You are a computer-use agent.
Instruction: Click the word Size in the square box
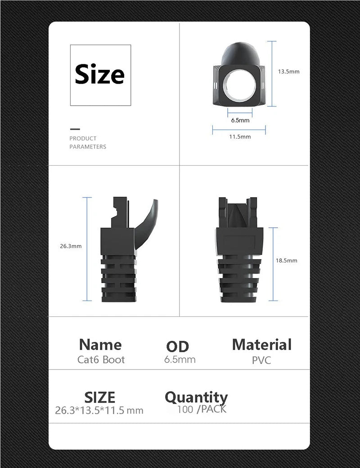click(99, 74)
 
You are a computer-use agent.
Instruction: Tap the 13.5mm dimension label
click(288, 72)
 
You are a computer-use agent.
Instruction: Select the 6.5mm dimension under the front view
click(240, 120)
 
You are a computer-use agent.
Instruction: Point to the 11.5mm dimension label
click(240, 137)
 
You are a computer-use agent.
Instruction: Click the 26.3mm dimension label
click(71, 246)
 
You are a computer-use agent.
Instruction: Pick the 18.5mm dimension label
click(286, 261)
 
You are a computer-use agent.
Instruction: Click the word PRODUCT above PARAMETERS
click(83, 139)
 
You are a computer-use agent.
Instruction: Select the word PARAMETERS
click(88, 147)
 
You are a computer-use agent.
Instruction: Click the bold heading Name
click(100, 345)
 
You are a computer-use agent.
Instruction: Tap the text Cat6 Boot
click(101, 360)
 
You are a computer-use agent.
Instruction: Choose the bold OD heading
click(177, 346)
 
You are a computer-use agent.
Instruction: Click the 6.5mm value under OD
click(180, 360)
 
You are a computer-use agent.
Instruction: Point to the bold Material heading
click(261, 345)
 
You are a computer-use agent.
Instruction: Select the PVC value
click(261, 360)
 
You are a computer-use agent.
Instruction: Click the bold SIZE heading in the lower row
click(100, 397)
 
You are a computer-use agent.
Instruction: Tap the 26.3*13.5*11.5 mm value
click(99, 410)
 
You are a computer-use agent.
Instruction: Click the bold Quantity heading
click(196, 397)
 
